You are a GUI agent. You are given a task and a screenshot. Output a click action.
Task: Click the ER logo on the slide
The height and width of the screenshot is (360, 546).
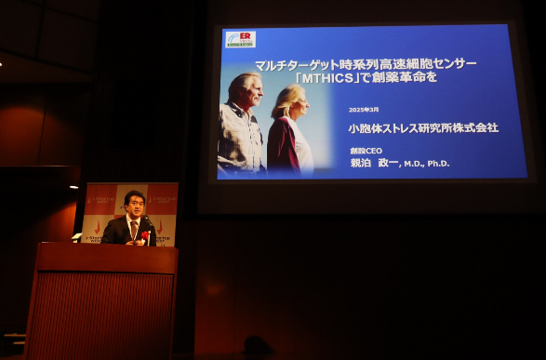click(x=240, y=39)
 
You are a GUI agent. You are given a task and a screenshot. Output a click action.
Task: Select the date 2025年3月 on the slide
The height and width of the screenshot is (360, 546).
click(x=364, y=110)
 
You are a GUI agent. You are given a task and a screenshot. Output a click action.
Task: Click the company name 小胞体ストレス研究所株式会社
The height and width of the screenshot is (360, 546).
click(x=423, y=127)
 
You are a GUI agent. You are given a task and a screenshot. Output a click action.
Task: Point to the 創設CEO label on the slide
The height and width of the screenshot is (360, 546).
click(x=366, y=150)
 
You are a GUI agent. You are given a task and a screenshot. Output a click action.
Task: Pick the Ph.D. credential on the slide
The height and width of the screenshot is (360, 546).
click(x=438, y=163)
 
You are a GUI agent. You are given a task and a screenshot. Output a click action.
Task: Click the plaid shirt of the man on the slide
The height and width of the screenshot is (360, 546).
click(x=241, y=140)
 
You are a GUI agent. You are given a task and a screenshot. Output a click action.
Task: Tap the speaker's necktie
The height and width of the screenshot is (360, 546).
click(x=134, y=229)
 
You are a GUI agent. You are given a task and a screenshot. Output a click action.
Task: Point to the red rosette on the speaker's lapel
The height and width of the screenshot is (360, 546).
click(x=145, y=235)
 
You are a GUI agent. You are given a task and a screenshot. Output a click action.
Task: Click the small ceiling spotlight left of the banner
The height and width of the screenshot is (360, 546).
click(x=74, y=187)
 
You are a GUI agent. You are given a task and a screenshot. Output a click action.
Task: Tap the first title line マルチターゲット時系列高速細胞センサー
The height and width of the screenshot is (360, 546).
click(x=353, y=63)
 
